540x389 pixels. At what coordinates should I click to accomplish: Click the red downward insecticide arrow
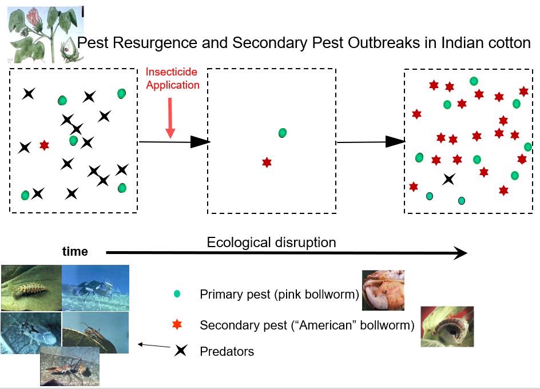170,118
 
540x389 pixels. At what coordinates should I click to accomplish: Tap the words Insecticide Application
173,78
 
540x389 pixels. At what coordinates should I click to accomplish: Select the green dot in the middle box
283,133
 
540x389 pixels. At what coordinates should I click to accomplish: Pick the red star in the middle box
267,162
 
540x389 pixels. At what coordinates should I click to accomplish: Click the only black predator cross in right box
448,179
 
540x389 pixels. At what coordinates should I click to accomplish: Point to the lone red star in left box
44,145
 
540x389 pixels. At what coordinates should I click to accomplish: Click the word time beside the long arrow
75,251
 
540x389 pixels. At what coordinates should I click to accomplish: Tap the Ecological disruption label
271,243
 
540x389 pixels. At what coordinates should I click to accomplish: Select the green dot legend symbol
177,294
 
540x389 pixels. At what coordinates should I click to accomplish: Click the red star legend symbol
177,324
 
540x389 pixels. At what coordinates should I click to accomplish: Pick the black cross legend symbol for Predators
180,351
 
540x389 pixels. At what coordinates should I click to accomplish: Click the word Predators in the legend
227,351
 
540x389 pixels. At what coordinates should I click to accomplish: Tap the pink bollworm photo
383,290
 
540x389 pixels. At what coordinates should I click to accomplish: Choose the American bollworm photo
447,326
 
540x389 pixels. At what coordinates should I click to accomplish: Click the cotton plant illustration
45,34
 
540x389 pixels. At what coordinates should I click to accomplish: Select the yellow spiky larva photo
31,288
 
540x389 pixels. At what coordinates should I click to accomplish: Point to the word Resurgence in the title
154,43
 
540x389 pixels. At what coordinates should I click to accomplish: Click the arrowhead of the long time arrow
461,253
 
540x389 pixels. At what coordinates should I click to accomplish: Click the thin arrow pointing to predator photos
154,345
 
